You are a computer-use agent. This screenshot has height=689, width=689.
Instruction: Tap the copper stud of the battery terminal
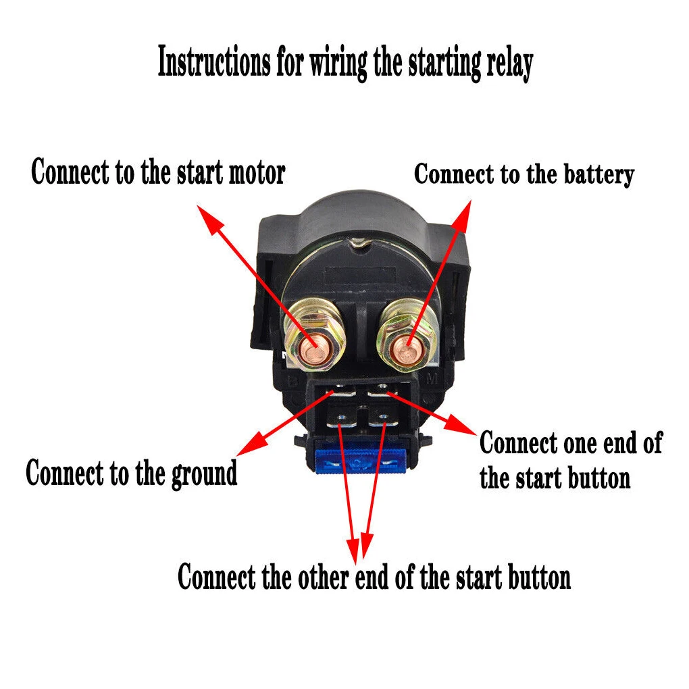408,346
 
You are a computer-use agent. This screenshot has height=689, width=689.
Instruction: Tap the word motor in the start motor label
257,172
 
